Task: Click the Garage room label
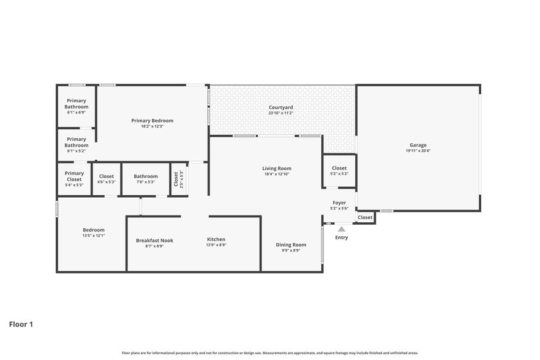pyautogui.click(x=419, y=145)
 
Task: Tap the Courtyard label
pyautogui.click(x=280, y=107)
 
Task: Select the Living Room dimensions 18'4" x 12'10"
pyautogui.click(x=277, y=174)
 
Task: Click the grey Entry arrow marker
pyautogui.click(x=342, y=229)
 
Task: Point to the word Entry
pyautogui.click(x=342, y=238)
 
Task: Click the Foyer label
pyautogui.click(x=339, y=203)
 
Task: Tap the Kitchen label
pyautogui.click(x=216, y=239)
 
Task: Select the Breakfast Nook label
pyautogui.click(x=154, y=241)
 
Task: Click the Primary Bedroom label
pyautogui.click(x=152, y=121)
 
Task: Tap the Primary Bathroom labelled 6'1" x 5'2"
pyautogui.click(x=77, y=142)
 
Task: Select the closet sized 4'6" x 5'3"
pyautogui.click(x=107, y=179)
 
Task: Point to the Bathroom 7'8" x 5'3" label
pyautogui.click(x=146, y=176)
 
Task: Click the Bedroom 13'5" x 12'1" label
pyautogui.click(x=94, y=230)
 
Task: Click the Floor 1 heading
pyautogui.click(x=21, y=324)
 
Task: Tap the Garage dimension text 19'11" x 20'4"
pyautogui.click(x=419, y=151)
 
